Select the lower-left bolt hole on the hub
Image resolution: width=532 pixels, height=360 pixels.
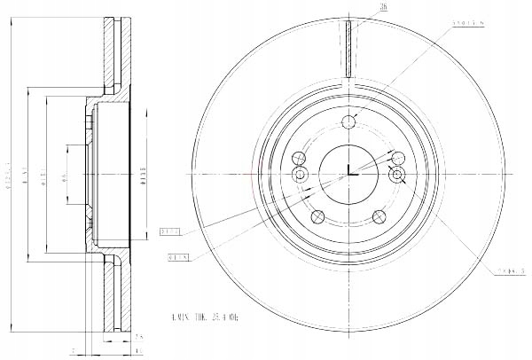(316, 215)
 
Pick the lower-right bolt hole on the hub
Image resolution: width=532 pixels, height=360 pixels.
(379, 215)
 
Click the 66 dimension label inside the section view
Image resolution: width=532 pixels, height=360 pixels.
(63, 177)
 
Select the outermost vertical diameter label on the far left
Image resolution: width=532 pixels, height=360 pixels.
(8, 176)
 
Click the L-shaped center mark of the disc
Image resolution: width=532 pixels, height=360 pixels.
(351, 172)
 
